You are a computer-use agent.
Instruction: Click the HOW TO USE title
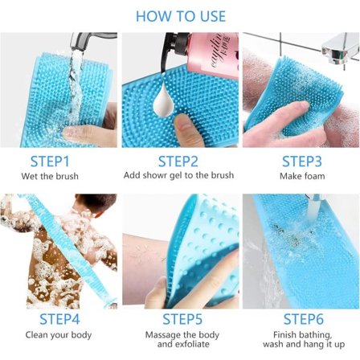(181, 16)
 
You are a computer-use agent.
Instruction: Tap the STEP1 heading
(50, 162)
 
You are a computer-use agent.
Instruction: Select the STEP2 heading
(178, 162)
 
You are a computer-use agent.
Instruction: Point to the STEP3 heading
(302, 162)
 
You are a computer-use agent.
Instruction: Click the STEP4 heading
(59, 319)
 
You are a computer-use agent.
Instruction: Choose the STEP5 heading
(182, 319)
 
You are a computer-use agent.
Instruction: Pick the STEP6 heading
(304, 319)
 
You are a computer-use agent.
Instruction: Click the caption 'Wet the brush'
(50, 176)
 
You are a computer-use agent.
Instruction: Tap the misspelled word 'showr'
(153, 175)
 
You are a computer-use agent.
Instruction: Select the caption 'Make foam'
(302, 176)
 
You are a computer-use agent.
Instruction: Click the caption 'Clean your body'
(59, 335)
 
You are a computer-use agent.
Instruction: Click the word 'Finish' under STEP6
(284, 334)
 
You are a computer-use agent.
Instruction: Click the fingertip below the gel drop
(182, 122)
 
